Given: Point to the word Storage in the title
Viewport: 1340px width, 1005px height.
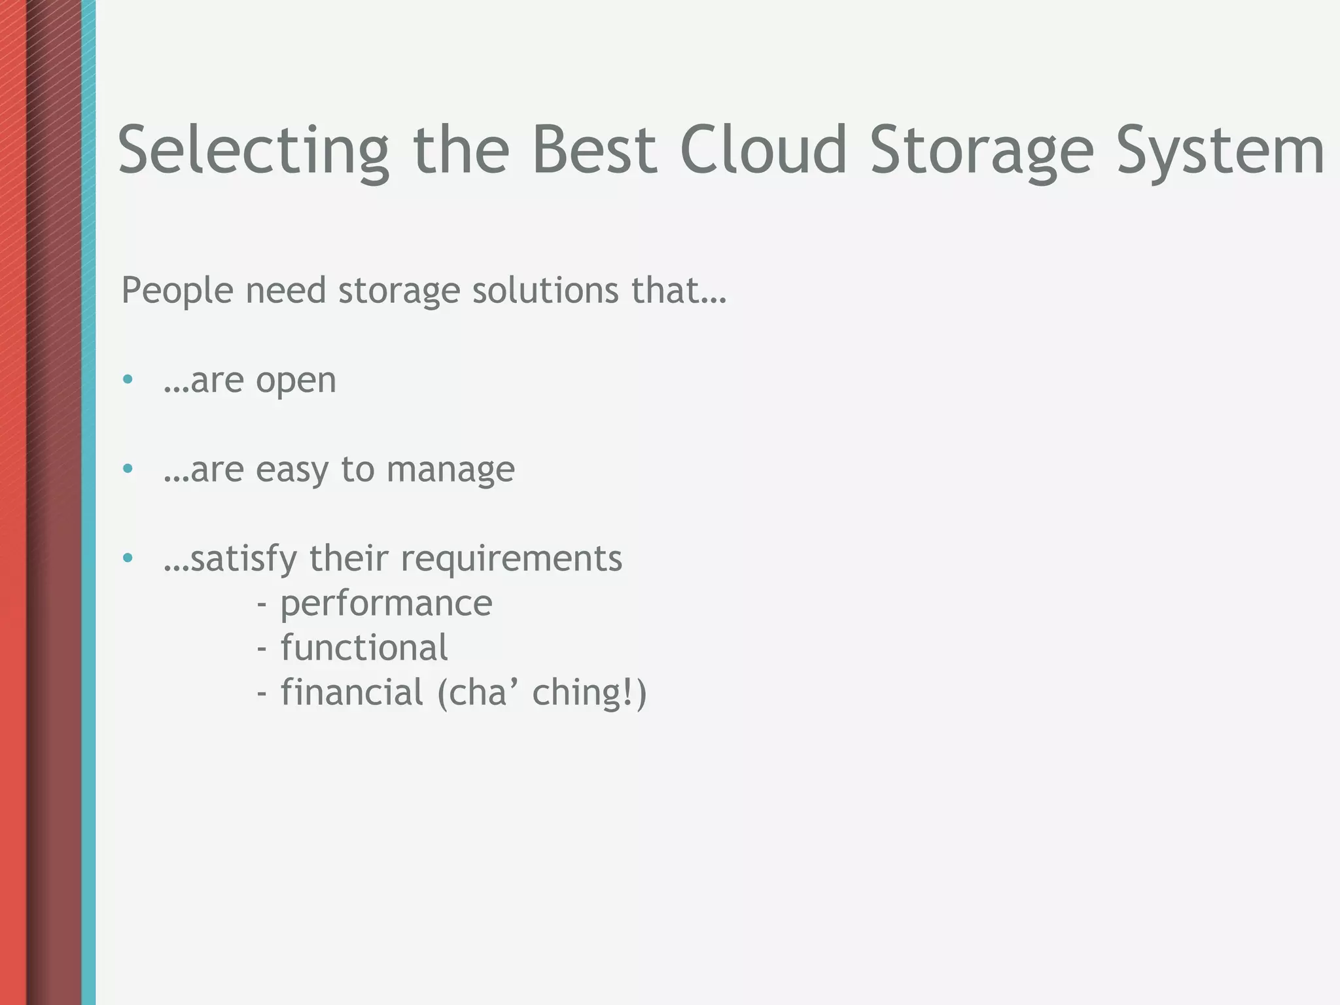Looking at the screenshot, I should tap(981, 152).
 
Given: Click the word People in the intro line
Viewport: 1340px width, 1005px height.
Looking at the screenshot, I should tap(177, 290).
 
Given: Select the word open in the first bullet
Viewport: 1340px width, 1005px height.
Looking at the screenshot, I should tap(296, 381).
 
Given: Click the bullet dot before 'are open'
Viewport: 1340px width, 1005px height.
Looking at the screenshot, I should tap(128, 379).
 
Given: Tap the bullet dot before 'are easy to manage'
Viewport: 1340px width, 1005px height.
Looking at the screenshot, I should tap(128, 468).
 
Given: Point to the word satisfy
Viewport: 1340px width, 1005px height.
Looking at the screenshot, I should tap(243, 559).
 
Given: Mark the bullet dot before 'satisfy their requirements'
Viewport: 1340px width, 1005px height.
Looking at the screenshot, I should tap(128, 558).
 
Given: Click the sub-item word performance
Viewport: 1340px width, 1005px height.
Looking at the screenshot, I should tap(386, 604).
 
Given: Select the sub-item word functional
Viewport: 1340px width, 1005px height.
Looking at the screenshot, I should tap(364, 648).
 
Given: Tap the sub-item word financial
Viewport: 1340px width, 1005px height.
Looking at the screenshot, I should tap(352, 692).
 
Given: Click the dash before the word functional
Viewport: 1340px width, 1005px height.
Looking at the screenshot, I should tap(262, 648).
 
